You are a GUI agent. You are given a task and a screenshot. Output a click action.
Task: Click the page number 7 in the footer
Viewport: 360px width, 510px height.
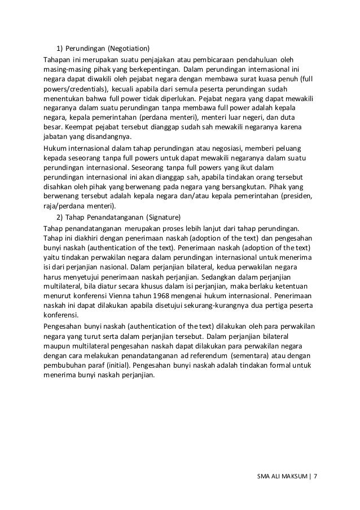(315, 476)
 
